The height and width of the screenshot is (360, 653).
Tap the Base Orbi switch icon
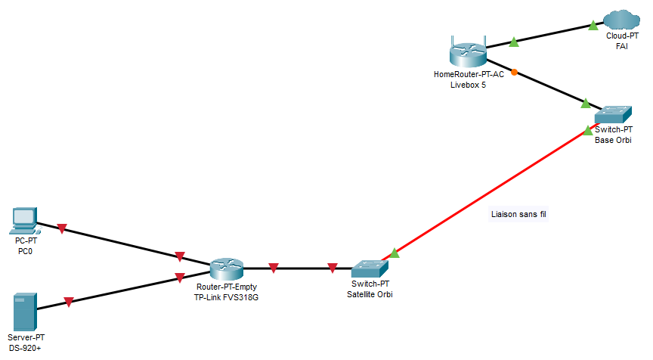tap(613, 115)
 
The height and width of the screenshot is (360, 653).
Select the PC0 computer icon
tap(24, 219)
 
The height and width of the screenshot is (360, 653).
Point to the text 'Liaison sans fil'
tap(518, 215)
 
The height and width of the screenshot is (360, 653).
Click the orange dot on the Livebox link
tap(514, 73)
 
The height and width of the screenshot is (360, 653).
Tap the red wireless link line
tap(491, 193)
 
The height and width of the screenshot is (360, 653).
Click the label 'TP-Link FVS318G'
tap(227, 298)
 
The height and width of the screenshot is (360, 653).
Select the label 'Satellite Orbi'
tap(370, 293)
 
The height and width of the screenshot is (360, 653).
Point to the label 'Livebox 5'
tap(469, 85)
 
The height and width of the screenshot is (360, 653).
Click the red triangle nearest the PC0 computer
tap(63, 228)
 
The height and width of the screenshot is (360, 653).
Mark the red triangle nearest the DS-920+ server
tap(69, 302)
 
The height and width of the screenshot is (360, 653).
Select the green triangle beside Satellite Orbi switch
tap(395, 254)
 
